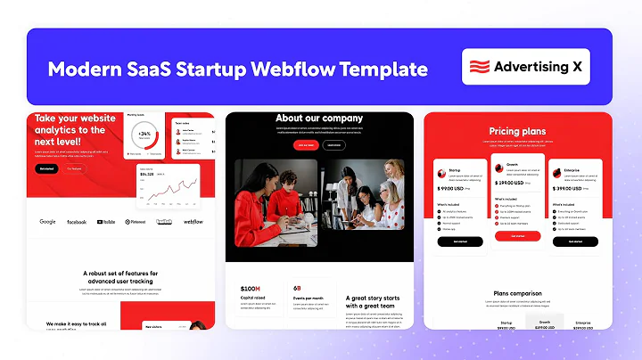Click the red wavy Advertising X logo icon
click(x=480, y=66)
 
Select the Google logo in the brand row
click(x=47, y=222)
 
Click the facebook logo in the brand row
click(x=76, y=222)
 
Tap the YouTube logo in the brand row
click(x=106, y=222)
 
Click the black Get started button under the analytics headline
click(x=45, y=168)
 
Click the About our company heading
click(x=319, y=119)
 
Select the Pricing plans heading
click(x=517, y=132)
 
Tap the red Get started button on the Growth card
click(x=517, y=236)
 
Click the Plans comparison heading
click(x=517, y=293)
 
